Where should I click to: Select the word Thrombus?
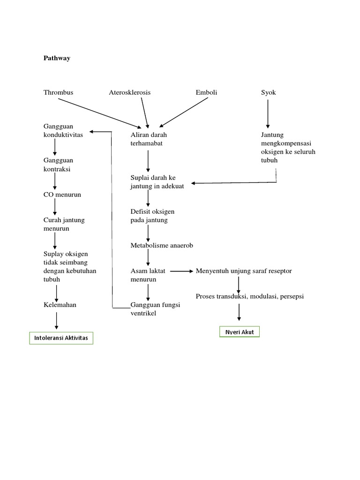(58, 92)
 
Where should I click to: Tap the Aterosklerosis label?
(130, 92)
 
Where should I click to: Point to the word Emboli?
(206, 92)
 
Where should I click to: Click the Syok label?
(269, 92)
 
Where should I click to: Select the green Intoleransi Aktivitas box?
(61, 338)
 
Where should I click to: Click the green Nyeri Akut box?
(240, 332)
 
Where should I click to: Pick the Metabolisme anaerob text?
(162, 245)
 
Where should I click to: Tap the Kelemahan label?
(60, 305)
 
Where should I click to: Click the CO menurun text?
(62, 194)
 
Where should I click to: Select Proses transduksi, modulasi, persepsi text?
(250, 296)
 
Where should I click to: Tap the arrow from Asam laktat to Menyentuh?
(181, 271)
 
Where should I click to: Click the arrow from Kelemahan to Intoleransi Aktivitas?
(56, 320)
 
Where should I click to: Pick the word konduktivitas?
(63, 135)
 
